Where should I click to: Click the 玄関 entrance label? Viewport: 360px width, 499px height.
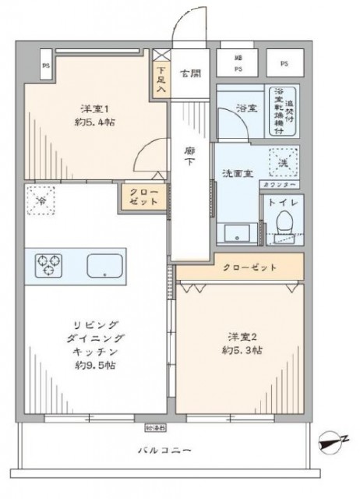tap(189, 74)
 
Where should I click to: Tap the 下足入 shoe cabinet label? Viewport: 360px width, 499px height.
tap(160, 79)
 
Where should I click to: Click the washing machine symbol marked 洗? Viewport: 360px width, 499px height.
tap(281, 162)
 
